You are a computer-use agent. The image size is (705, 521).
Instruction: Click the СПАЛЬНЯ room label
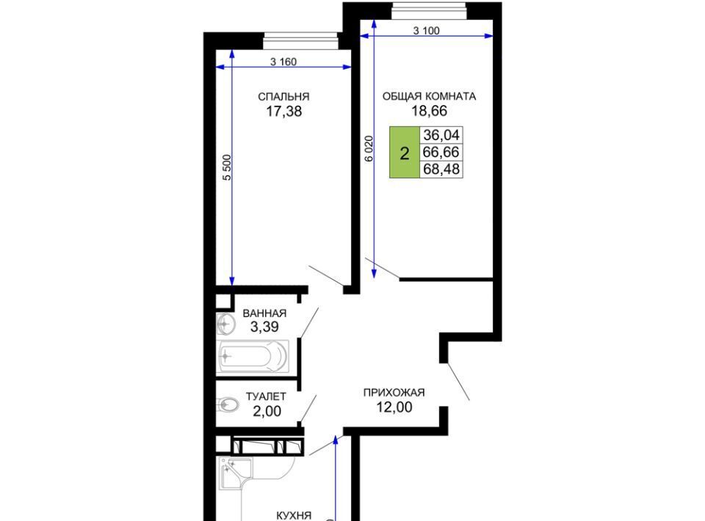283,97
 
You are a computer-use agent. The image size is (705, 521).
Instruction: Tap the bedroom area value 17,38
283,111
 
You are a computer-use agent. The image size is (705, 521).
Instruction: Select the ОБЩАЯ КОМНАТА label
429,96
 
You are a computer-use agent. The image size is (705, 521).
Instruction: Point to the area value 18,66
430,111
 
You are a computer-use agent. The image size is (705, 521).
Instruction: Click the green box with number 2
405,153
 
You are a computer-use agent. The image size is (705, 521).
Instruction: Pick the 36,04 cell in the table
441,135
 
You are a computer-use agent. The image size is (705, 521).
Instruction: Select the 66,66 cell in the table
441,152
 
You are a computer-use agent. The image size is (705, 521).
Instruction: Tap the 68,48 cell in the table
441,170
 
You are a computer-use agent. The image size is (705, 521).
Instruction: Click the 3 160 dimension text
283,62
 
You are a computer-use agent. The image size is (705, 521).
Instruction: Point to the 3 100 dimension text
426,31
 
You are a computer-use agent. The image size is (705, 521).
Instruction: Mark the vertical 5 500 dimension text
227,167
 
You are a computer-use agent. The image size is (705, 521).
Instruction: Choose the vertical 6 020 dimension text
369,149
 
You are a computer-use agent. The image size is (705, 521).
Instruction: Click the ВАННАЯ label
264,313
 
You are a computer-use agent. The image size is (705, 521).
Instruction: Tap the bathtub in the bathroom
252,357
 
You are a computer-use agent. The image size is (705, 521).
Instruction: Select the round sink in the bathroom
225,324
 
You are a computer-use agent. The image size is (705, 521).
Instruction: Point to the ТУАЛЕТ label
266,396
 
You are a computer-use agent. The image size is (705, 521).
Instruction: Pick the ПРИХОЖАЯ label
394,393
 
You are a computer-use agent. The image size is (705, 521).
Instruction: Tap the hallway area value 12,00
394,407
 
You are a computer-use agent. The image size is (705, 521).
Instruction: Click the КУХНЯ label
294,515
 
